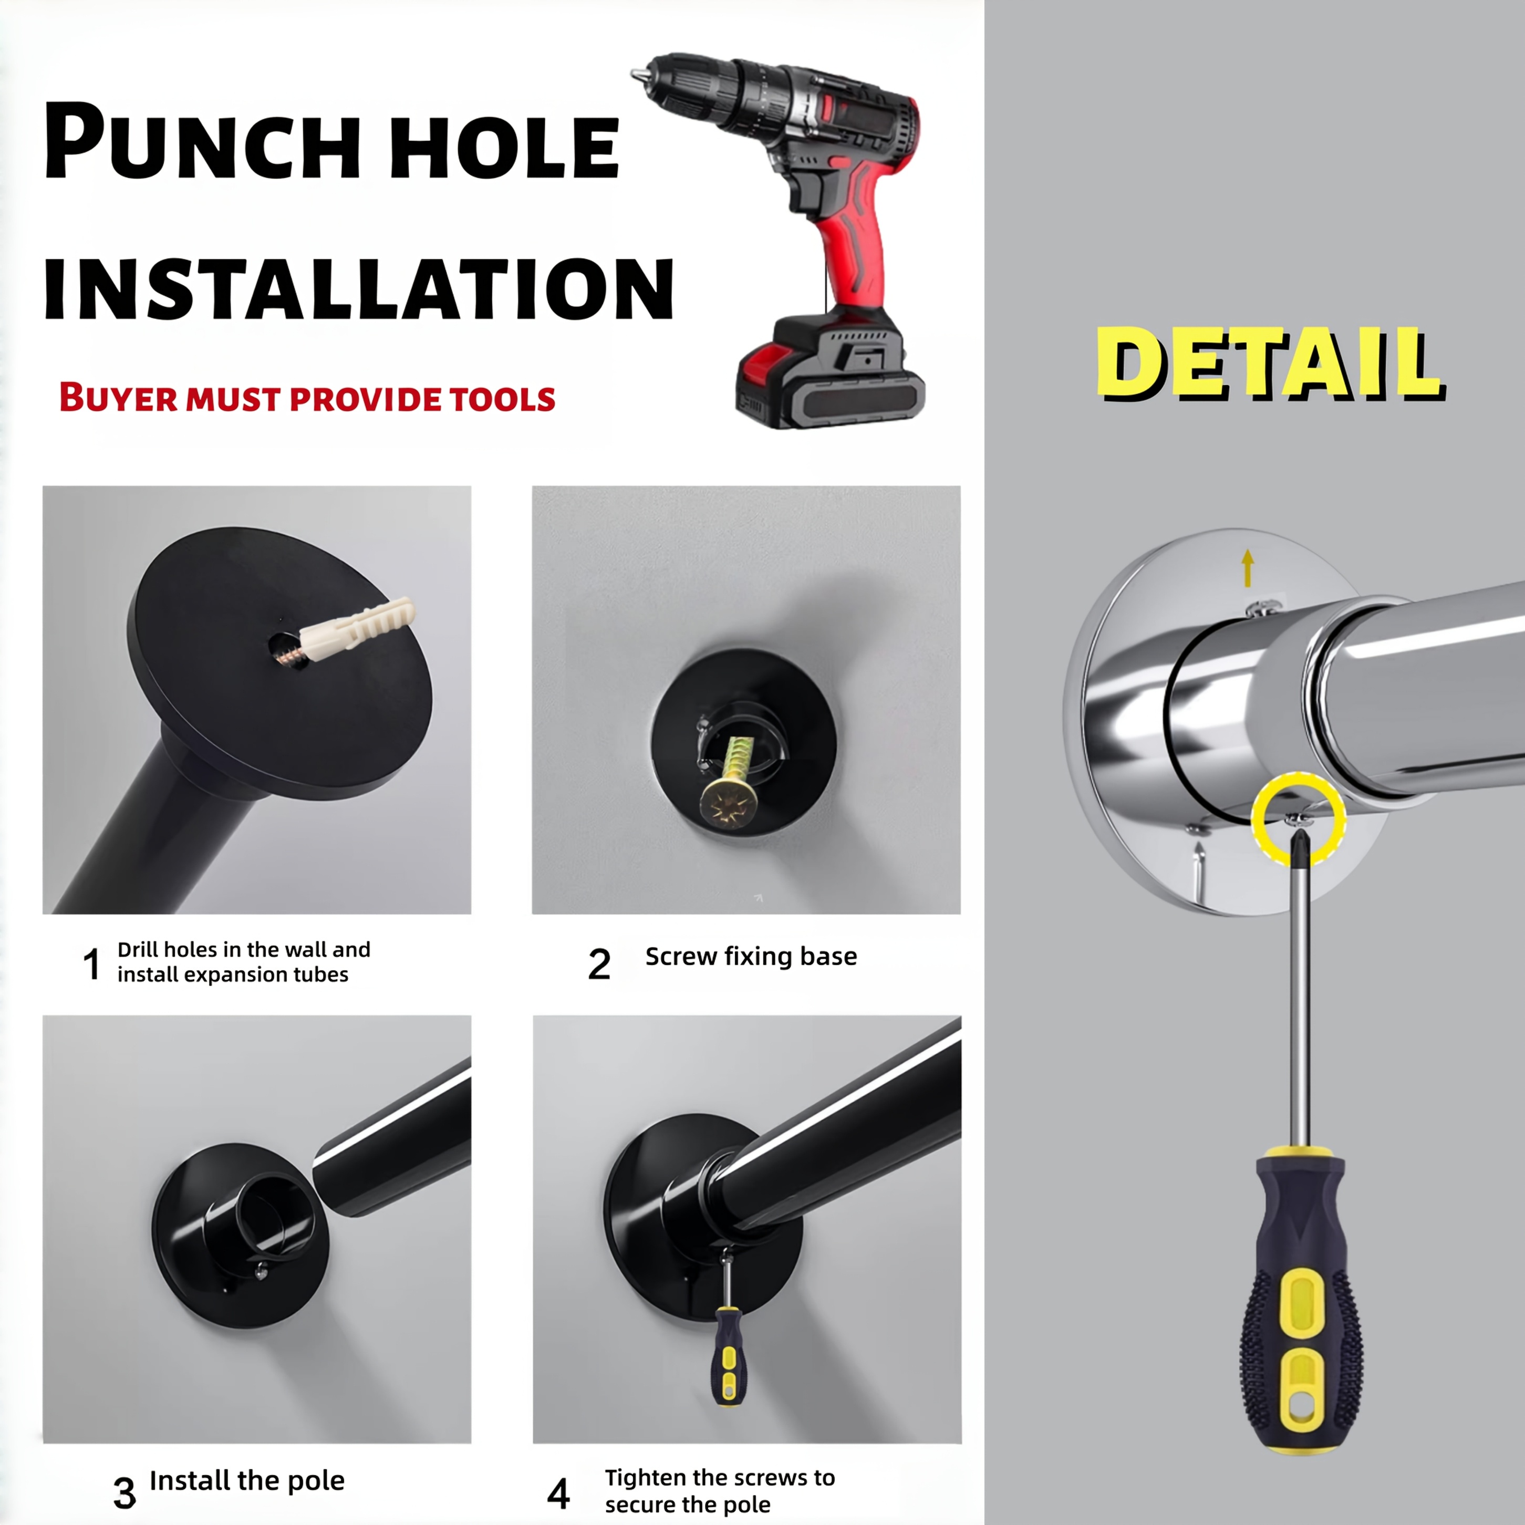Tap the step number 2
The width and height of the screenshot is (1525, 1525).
[599, 964]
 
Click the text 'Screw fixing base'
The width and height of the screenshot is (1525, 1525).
[751, 957]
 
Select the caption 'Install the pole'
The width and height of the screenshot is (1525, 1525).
[247, 1481]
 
